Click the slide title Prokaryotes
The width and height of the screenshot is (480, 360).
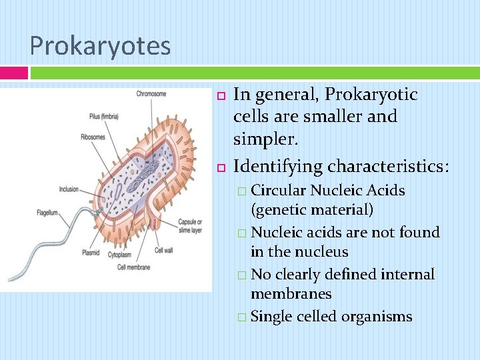point(100,46)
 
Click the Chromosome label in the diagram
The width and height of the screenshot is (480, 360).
point(151,94)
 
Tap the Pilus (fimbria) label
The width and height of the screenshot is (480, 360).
point(103,116)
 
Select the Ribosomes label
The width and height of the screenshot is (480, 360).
point(93,137)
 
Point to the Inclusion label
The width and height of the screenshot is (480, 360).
point(69,189)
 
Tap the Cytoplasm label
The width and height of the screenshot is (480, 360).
point(120,254)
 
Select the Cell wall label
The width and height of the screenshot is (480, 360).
point(163,251)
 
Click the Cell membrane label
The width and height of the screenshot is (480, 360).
point(133,267)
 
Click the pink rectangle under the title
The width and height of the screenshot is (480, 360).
point(13,73)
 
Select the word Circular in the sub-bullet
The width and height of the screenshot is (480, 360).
point(279,191)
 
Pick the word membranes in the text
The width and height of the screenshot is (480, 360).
point(291,294)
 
